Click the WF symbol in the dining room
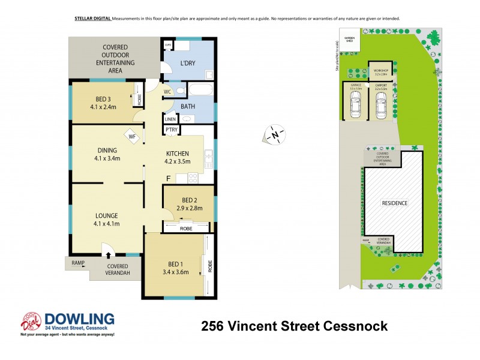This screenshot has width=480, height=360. pyautogui.click(x=133, y=136)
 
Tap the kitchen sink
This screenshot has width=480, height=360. pyautogui.click(x=208, y=159)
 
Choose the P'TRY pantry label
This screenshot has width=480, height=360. pyautogui.click(x=171, y=130)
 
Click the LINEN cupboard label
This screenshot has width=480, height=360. pyautogui.click(x=170, y=119)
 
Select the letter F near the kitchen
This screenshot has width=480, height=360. pyautogui.click(x=169, y=178)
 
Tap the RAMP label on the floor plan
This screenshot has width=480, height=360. pyautogui.click(x=78, y=263)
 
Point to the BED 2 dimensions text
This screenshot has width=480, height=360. pyautogui.click(x=189, y=208)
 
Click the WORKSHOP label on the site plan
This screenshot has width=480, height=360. pyautogui.click(x=381, y=71)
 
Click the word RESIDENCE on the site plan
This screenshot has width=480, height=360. pyautogui.click(x=395, y=203)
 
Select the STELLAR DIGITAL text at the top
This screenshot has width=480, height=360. pyautogui.click(x=92, y=19)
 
